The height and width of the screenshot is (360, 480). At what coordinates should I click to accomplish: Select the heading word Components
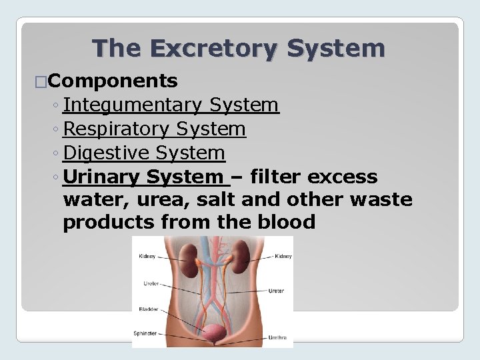pyautogui.click(x=113, y=81)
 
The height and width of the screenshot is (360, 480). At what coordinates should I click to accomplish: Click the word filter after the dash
pyautogui.click(x=276, y=177)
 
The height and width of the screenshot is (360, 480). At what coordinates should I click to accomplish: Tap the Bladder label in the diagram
pyautogui.click(x=148, y=309)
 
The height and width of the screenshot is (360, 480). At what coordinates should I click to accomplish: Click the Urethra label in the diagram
pyautogui.click(x=277, y=338)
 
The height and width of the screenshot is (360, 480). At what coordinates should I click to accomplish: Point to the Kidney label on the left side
pyautogui.click(x=148, y=256)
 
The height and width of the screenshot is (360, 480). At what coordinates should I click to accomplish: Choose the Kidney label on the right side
pyautogui.click(x=283, y=256)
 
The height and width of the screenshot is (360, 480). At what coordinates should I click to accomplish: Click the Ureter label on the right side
pyautogui.click(x=277, y=291)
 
